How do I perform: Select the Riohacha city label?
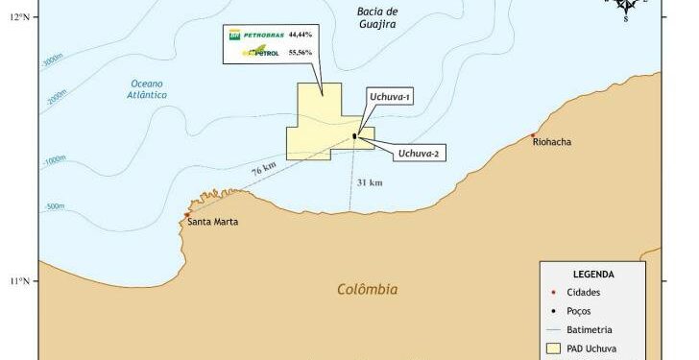[551, 142]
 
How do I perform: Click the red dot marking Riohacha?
[533, 135]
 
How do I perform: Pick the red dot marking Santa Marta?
[185, 215]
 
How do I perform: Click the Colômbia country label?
[368, 289]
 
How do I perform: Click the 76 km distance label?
[263, 170]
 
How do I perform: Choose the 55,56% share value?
[301, 54]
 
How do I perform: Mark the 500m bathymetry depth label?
[54, 206]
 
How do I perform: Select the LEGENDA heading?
[593, 274]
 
